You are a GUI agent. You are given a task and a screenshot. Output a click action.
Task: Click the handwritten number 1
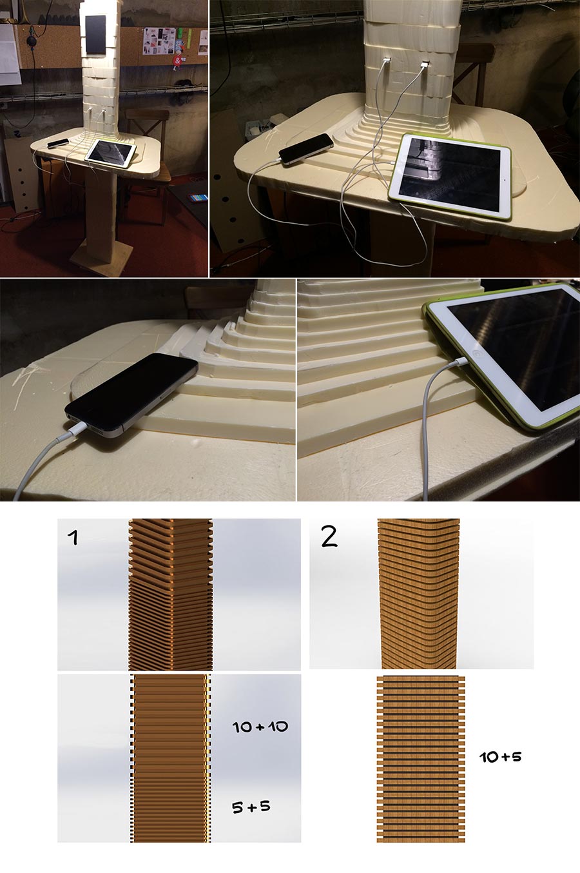(73, 538)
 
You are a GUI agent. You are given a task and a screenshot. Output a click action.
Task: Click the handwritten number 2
(329, 537)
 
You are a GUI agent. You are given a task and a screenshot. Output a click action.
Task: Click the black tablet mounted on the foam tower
(95, 35)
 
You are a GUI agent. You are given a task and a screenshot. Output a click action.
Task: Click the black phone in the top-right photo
(306, 149)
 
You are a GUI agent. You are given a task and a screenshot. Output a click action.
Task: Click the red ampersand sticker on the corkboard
(178, 61)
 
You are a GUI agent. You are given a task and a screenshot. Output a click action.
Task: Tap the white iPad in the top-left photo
(111, 150)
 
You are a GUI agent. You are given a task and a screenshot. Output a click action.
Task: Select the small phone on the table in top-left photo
(58, 143)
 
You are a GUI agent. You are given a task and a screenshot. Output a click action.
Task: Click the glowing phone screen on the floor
(198, 197)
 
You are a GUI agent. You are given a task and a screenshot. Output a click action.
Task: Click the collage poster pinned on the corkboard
(158, 41)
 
